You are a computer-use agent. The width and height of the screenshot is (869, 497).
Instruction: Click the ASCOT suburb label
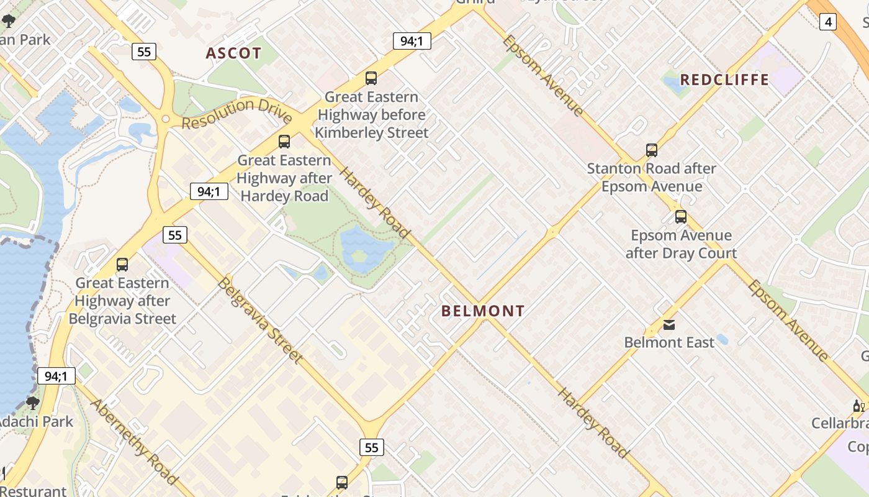tap(233, 53)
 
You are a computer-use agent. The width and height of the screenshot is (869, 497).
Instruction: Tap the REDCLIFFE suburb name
tap(724, 80)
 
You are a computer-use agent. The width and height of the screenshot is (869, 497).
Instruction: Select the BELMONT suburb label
tap(483, 311)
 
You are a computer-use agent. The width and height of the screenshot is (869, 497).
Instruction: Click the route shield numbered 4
tap(827, 22)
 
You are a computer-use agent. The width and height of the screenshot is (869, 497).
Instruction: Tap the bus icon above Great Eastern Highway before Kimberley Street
tap(371, 78)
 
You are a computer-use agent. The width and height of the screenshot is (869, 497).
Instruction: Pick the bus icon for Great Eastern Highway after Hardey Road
tap(284, 141)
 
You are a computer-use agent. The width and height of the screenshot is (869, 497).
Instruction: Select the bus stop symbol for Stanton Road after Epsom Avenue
tap(652, 150)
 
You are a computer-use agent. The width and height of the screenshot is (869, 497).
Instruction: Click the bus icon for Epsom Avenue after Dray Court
tap(681, 217)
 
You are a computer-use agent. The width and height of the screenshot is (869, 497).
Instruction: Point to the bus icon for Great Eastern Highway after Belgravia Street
tap(122, 265)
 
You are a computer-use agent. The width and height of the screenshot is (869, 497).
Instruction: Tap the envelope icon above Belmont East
tap(669, 324)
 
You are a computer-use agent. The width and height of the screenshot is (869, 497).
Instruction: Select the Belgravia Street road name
tap(260, 320)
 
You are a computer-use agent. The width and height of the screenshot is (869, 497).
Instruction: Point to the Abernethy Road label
tap(134, 441)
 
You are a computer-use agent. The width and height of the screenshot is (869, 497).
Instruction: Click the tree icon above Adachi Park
tap(32, 403)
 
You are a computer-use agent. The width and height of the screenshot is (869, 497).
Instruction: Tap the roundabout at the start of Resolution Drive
tap(165, 119)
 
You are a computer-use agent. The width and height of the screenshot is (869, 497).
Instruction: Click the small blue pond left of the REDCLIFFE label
tap(674, 84)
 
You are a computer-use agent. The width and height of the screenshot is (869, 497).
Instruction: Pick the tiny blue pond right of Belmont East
tap(722, 340)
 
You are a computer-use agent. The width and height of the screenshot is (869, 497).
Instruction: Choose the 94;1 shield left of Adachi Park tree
tap(56, 376)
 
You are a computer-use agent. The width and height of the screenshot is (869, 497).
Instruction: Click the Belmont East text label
tap(669, 342)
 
